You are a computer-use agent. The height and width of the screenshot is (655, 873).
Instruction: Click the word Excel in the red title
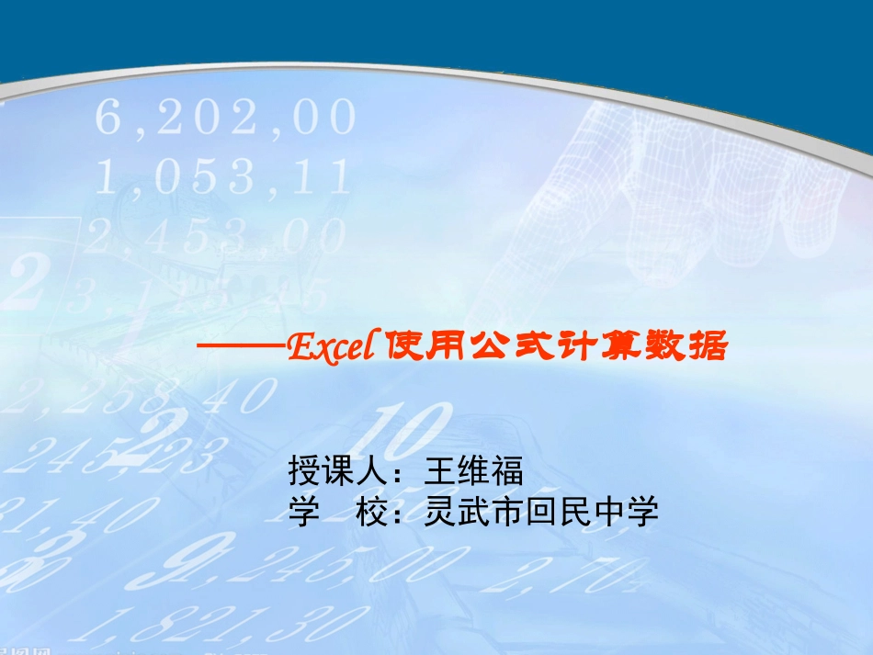coord(328,346)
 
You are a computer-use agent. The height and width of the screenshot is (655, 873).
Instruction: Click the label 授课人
coord(338,472)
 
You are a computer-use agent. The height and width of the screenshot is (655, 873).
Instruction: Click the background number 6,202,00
coord(226,119)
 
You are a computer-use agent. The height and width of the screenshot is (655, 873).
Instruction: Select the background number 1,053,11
coord(224,177)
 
